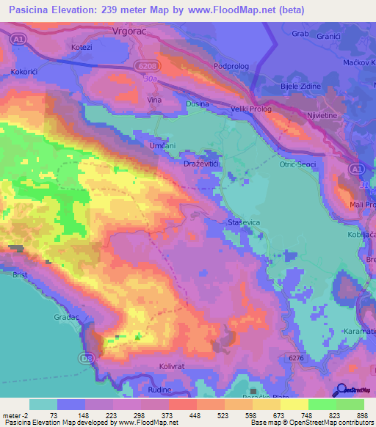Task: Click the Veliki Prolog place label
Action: (x=251, y=109)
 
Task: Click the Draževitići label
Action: (x=203, y=165)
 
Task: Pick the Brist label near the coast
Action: (x=21, y=275)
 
